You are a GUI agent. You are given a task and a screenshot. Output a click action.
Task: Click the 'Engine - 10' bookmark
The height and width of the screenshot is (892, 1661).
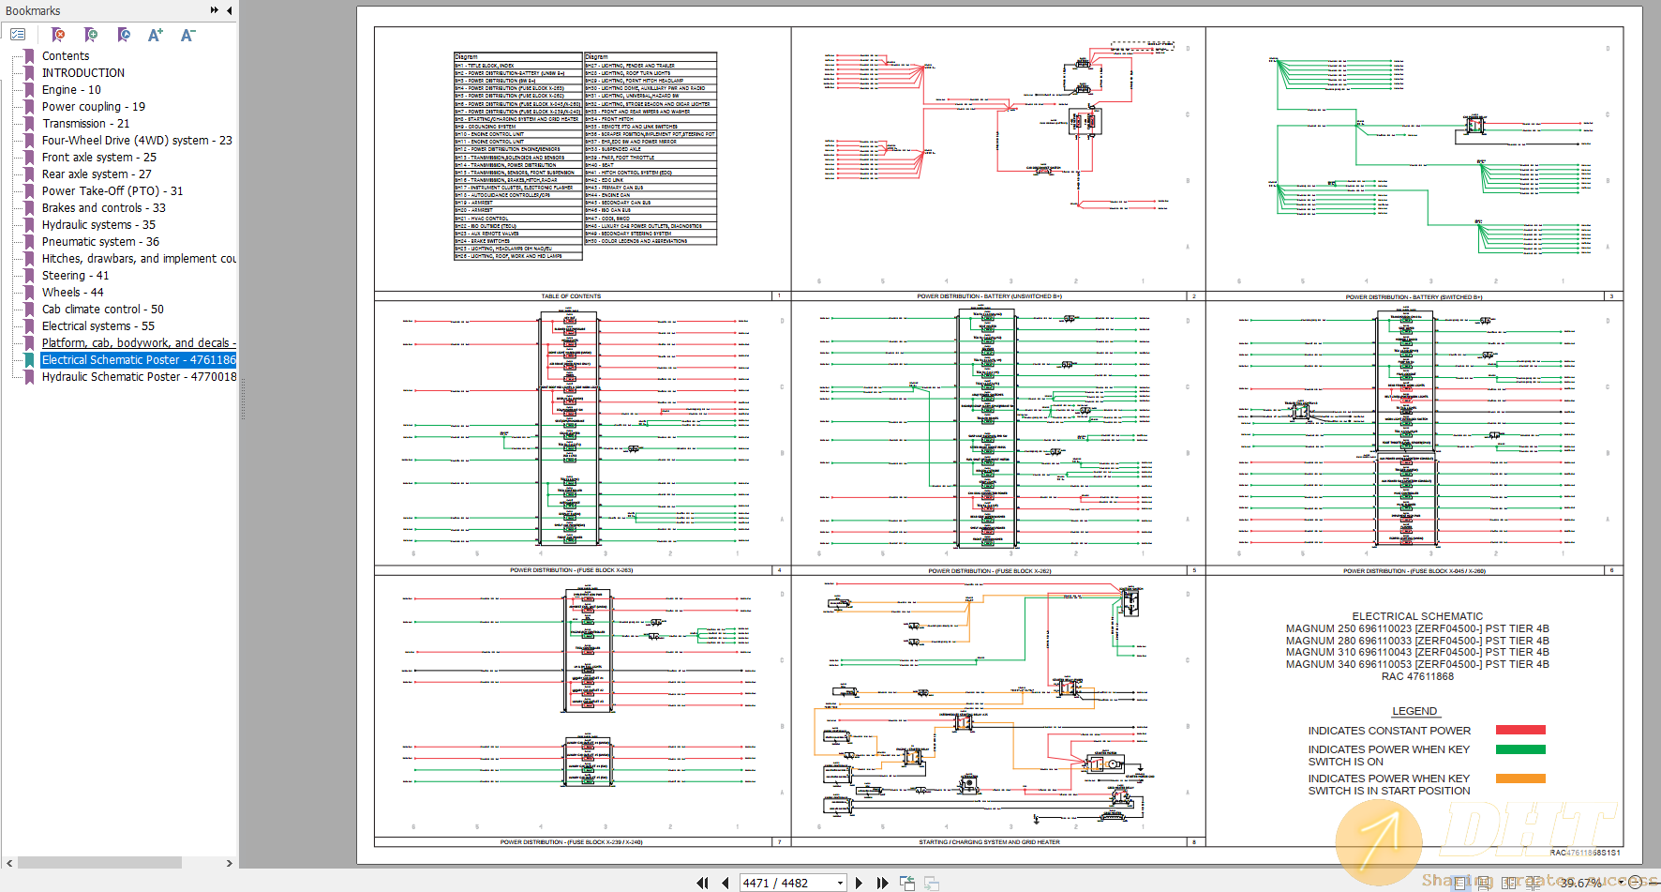[71, 90]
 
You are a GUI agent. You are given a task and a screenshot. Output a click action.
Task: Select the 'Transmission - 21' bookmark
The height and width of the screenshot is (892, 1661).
[85, 124]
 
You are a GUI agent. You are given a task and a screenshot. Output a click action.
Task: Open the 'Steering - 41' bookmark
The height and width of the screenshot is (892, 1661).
[75, 276]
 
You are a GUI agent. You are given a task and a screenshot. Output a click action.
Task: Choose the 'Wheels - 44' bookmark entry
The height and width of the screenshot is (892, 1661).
[72, 293]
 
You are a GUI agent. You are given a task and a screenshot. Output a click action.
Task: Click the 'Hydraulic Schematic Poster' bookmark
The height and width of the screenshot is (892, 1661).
[139, 377]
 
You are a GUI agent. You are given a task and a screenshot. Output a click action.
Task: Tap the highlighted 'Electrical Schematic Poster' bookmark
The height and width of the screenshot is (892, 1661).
[139, 360]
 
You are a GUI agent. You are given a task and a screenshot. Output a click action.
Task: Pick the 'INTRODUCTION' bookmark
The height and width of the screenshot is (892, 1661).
[82, 73]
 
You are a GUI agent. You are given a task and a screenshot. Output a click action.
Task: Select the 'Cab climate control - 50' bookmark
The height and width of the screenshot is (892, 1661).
[102, 310]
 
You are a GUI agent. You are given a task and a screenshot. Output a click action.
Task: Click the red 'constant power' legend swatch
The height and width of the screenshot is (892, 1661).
[1520, 730]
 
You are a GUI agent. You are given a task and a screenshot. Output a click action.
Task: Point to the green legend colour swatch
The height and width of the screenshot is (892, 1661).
[1520, 749]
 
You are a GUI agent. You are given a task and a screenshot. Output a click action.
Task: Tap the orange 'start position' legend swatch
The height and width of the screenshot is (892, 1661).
[1520, 779]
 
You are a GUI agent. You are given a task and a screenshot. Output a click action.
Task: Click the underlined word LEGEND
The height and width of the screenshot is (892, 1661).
[1414, 711]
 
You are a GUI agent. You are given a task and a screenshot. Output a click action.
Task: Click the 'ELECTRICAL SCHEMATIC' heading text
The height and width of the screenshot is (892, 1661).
[1417, 616]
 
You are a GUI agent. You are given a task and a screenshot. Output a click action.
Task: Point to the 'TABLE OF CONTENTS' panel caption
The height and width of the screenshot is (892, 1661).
[571, 296]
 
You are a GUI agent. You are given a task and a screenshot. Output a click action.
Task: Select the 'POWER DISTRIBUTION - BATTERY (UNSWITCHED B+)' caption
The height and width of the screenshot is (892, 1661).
[989, 296]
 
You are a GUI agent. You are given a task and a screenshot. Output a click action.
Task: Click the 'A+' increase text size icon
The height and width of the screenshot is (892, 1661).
[155, 36]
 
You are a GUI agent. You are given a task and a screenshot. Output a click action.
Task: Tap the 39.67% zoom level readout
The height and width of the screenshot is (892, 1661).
[1580, 883]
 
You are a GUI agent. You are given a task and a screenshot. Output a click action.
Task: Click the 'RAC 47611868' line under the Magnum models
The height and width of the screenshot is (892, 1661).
[1417, 676]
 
